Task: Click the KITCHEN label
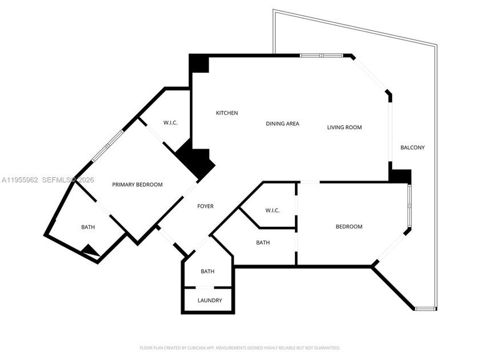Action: click(226, 113)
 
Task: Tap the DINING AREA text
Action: click(282, 124)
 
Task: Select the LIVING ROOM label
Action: click(344, 127)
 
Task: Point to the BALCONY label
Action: click(412, 147)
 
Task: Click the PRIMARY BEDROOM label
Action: click(137, 185)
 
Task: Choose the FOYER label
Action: click(205, 206)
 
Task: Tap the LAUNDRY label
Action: click(209, 301)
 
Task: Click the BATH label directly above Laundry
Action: click(207, 271)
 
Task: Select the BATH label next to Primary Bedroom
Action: click(88, 227)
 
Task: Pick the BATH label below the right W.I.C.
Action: click(263, 243)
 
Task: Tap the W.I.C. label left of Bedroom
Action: click(272, 211)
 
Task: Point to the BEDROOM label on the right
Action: click(349, 227)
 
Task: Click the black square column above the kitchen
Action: click(199, 63)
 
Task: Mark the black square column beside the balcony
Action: click(400, 175)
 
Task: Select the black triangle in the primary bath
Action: click(90, 250)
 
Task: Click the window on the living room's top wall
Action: click(321, 55)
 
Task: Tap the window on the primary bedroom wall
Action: click(108, 146)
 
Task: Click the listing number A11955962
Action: click(19, 180)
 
